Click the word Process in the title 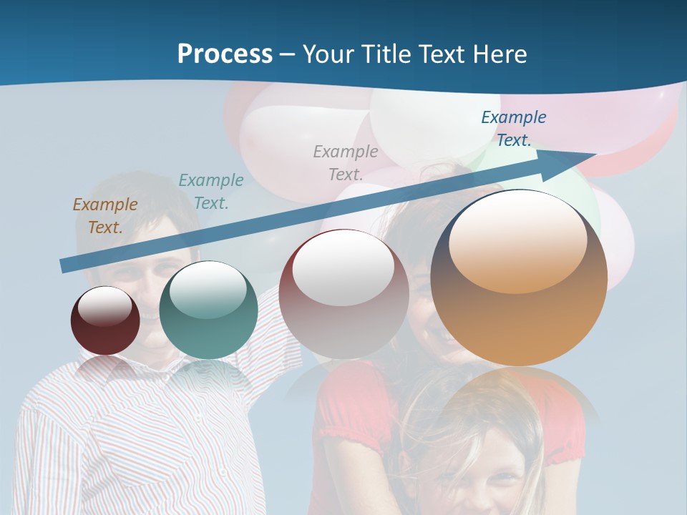(x=225, y=54)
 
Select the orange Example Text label (x=105, y=216)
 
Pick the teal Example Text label (x=211, y=192)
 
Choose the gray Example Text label (x=346, y=162)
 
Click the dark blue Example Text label (x=514, y=129)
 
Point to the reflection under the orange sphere (x=519, y=401)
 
